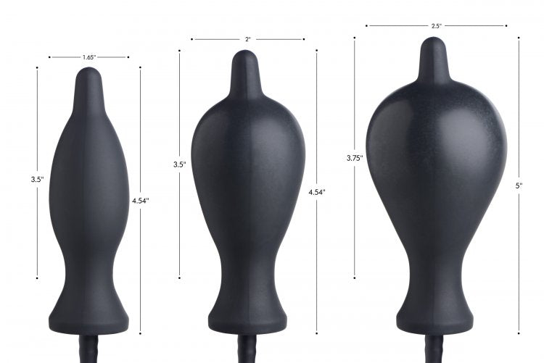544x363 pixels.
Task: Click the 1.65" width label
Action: click(89, 57)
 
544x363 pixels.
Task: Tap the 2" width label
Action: click(247, 39)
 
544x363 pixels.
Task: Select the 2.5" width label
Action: click(436, 26)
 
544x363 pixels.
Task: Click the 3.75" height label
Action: click(355, 157)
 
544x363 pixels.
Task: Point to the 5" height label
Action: click(519, 185)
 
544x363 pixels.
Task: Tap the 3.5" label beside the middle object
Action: click(179, 164)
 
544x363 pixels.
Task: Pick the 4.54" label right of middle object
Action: click(316, 192)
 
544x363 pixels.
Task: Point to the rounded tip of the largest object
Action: click(435, 46)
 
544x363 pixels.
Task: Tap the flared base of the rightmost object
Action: click(436, 319)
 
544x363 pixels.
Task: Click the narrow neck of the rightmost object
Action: click(435, 275)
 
